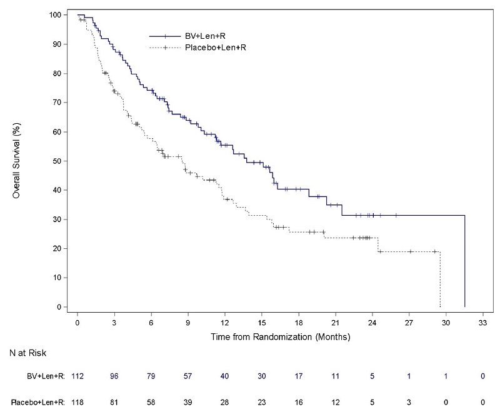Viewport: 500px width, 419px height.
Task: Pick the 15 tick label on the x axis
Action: click(261, 323)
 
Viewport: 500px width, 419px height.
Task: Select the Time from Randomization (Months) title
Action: click(279, 337)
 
